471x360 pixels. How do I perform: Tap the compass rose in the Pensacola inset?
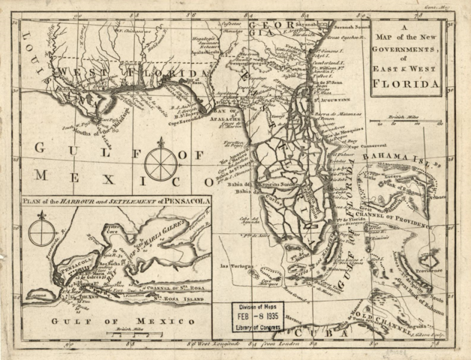coord(41,231)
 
